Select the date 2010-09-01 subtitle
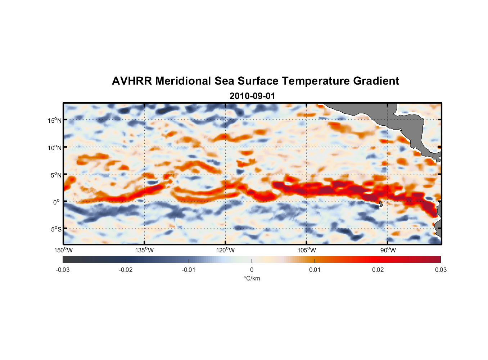coord(252,96)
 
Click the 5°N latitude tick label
coord(56,175)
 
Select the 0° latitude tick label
coord(57,202)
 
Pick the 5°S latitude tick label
coord(56,229)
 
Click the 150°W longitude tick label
coord(64,250)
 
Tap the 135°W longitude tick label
coord(145,250)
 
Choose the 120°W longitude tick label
coord(226,250)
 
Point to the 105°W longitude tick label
coord(307,250)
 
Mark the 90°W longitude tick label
coord(388,250)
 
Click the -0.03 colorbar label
coord(63,270)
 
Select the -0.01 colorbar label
coord(189,270)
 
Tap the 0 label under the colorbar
coord(252,270)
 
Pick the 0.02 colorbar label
coord(378,270)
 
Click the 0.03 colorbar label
coord(440,270)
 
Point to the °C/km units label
coord(252,278)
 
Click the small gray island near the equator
coord(381,204)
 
